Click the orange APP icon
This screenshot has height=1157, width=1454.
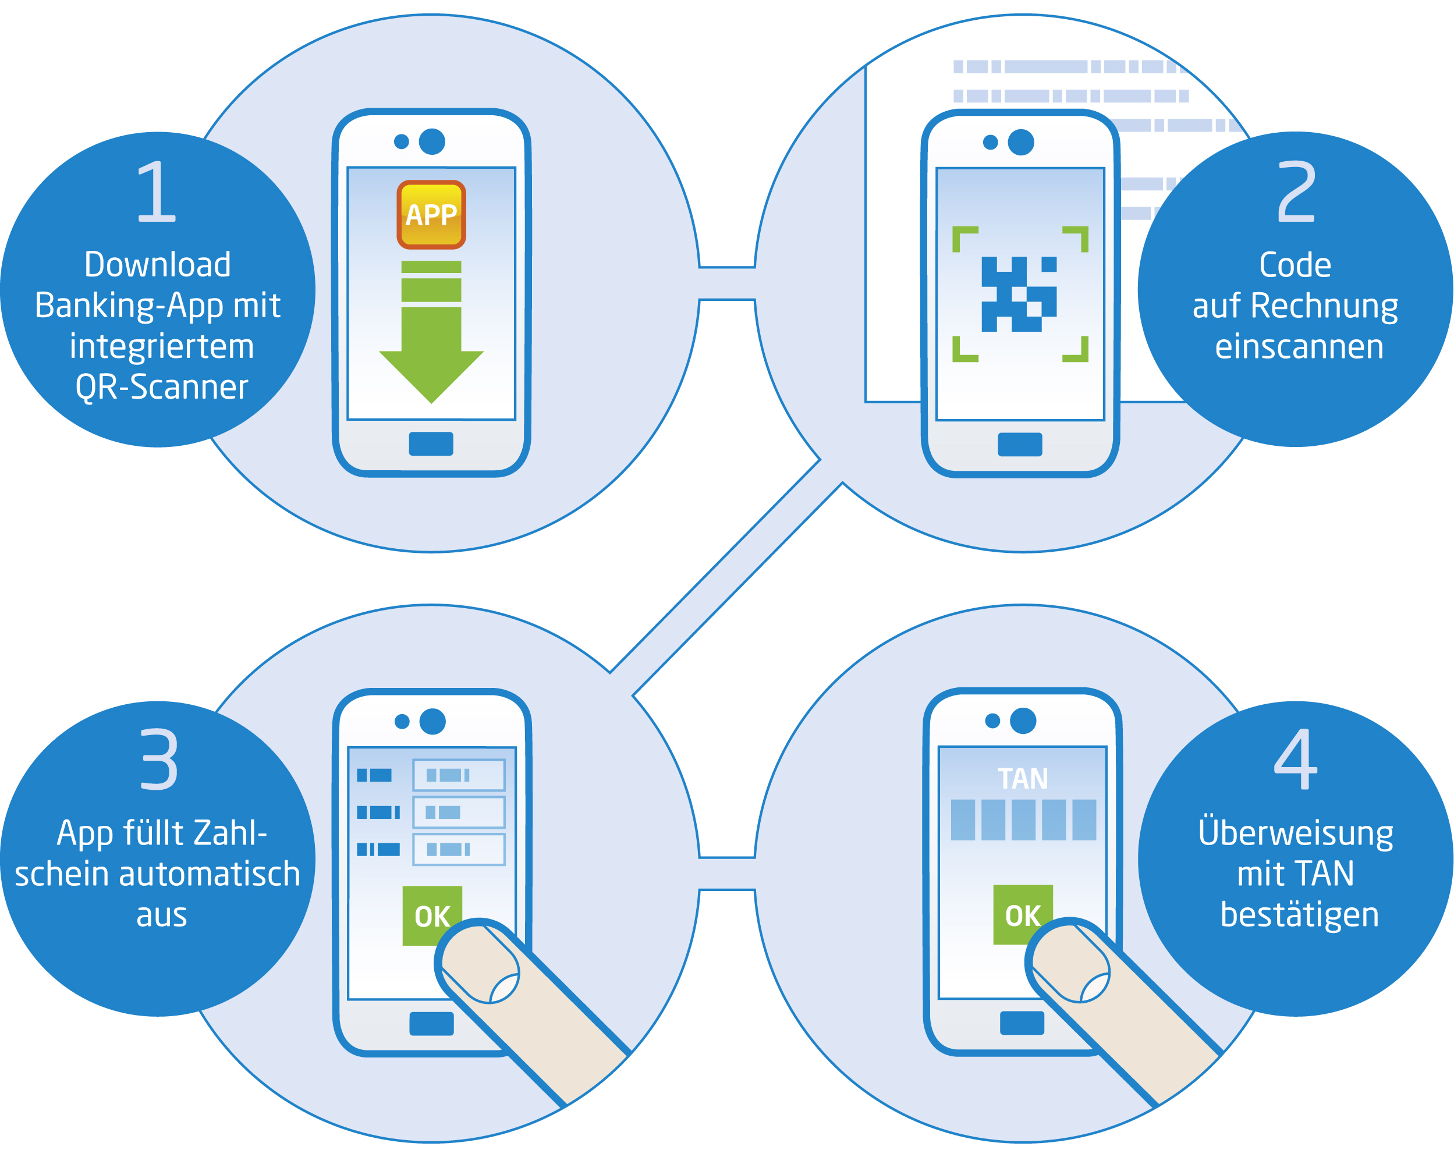coord(431,214)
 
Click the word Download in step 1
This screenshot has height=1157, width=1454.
coord(158,264)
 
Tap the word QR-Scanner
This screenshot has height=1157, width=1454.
coord(162,387)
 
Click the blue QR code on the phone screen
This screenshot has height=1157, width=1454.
coord(1019,294)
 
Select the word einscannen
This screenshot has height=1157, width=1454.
coord(1299,346)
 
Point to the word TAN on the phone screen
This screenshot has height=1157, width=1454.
coord(1022,779)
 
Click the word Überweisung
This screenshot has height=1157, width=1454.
coord(1296,833)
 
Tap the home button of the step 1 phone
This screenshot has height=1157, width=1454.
coord(431,443)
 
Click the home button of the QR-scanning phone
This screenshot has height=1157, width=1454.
coord(1020,444)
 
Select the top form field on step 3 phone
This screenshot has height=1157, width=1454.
coord(459,775)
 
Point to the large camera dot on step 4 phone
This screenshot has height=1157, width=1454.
coord(1023,721)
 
